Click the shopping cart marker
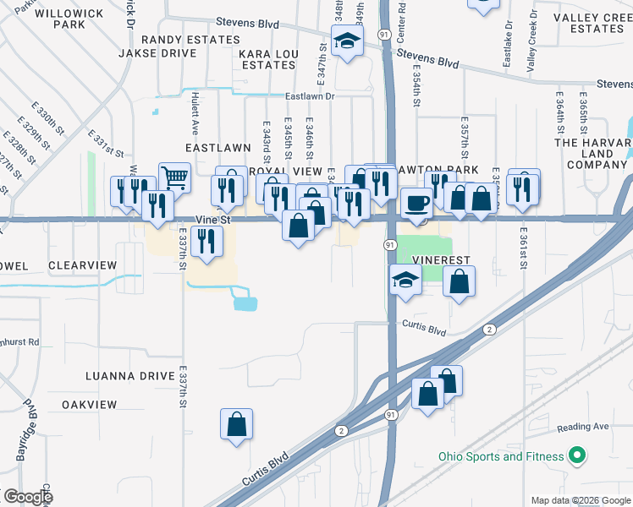(174, 177)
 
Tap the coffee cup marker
(416, 203)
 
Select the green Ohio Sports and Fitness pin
(578, 456)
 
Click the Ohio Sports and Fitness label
(501, 457)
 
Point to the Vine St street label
(213, 220)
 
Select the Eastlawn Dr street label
(311, 97)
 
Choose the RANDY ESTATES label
(190, 40)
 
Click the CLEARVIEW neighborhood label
(82, 265)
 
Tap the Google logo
(28, 497)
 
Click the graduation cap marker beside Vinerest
(405, 280)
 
